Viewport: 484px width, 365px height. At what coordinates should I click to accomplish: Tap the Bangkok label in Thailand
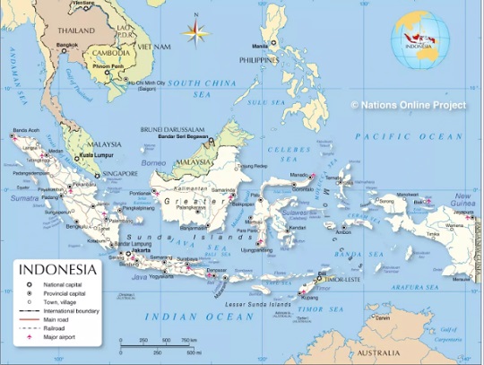pos(65,44)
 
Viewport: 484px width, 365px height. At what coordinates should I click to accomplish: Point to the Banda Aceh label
pos(23,128)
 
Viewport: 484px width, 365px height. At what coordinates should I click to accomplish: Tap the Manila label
pos(260,45)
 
